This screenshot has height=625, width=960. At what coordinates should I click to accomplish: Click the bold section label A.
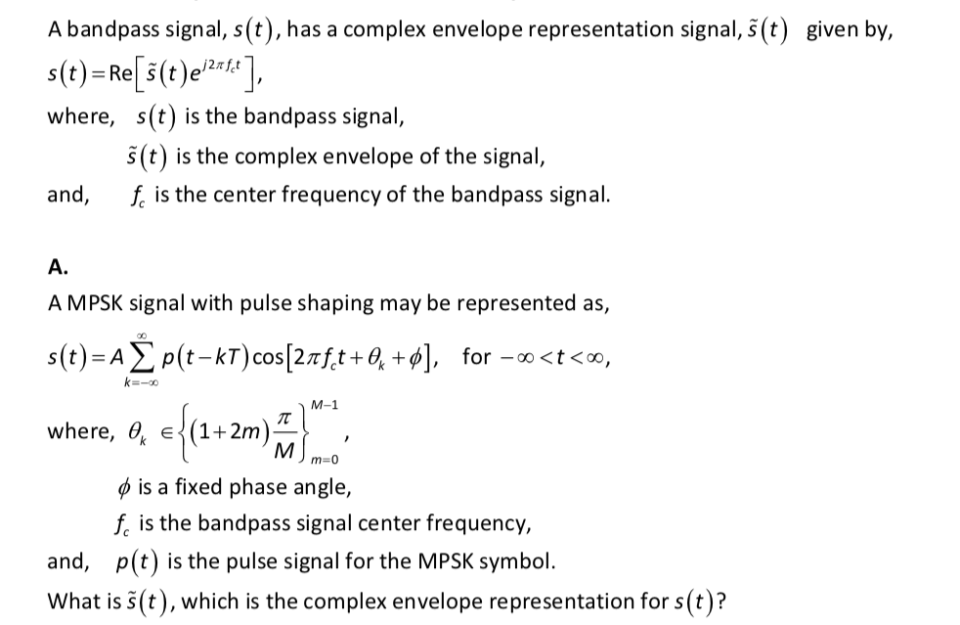click(x=57, y=266)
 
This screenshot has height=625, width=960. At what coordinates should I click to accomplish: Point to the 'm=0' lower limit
click(x=320, y=458)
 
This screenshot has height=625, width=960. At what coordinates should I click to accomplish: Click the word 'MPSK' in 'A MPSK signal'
click(x=97, y=303)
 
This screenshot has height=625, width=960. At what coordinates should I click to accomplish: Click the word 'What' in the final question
click(x=73, y=600)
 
